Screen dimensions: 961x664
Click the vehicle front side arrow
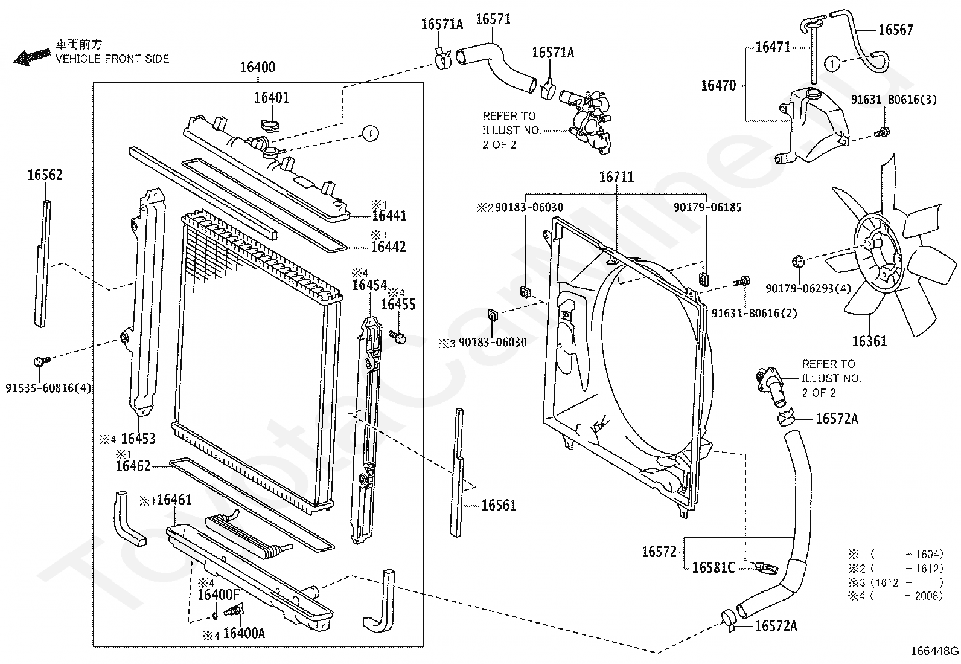pos(32,57)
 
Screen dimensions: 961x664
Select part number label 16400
pos(258,67)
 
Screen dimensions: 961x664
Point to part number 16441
pos(389,216)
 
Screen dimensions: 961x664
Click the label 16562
pos(45,175)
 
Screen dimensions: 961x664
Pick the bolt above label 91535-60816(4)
pos(42,361)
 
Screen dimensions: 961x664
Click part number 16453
pos(138,439)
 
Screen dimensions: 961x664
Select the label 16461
pos(174,500)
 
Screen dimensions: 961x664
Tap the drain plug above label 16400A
pos(234,610)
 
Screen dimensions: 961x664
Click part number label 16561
pos(499,506)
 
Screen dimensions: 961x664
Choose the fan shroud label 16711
pos(616,177)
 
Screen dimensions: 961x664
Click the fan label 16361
pos(869,341)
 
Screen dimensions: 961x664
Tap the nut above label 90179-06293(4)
pos(797,260)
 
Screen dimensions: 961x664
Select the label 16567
pos(896,30)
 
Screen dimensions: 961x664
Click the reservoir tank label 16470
pos(718,85)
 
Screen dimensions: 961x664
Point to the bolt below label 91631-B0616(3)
pos(883,132)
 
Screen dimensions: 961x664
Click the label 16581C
pos(714,568)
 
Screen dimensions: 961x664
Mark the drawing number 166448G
pos(934,651)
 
